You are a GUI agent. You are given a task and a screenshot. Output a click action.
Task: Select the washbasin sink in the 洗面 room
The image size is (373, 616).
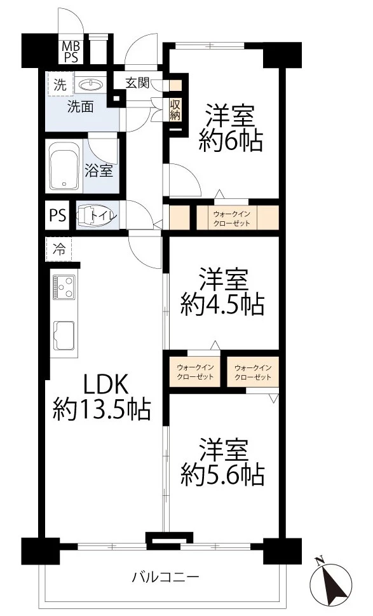(x=93, y=85)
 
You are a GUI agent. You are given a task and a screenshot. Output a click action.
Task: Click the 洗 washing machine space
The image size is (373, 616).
(x=59, y=84)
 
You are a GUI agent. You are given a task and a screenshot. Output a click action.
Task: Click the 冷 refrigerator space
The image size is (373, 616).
(x=58, y=249)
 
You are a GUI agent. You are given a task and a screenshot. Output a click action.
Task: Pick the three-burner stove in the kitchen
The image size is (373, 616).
(x=64, y=287)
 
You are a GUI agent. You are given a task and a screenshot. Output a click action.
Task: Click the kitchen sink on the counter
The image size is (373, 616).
(x=64, y=334)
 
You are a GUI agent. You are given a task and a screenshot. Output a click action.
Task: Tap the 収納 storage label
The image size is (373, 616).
(x=175, y=109)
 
